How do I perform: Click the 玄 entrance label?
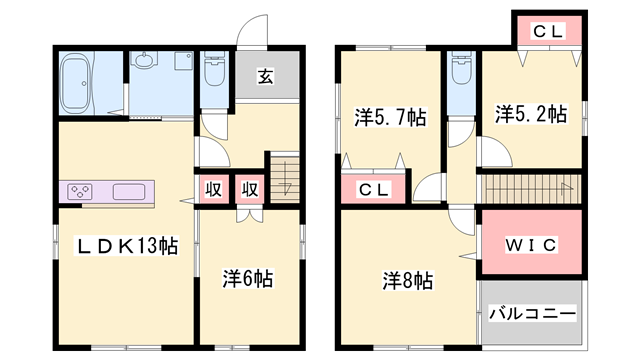click(x=267, y=76)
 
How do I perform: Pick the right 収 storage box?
click(x=249, y=189)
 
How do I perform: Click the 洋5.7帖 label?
click(x=390, y=117)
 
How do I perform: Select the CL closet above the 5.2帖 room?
click(x=547, y=32)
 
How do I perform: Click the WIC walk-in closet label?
click(x=530, y=245)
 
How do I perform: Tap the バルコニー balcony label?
click(x=531, y=314)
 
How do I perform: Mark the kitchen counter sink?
click(x=131, y=191)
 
